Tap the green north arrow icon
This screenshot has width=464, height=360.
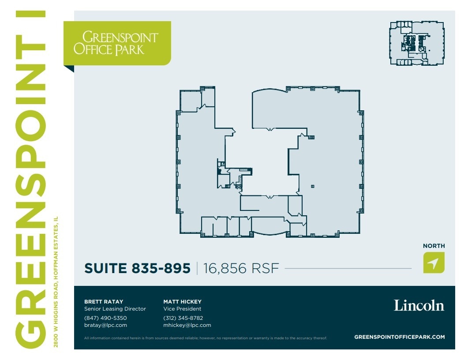coord(434,262)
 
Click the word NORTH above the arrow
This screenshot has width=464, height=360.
coord(434,246)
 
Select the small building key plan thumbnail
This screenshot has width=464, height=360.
coord(416,44)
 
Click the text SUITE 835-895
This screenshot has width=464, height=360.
coord(137,268)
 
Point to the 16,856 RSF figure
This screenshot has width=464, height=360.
coord(241,268)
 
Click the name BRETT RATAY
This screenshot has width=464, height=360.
coord(104,302)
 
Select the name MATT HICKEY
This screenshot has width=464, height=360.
coord(182,302)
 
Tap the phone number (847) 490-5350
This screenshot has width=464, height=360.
coord(105,318)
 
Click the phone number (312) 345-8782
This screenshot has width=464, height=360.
coord(183,318)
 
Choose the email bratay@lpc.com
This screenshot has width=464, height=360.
coord(105,325)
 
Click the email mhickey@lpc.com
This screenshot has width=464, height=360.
coord(187,325)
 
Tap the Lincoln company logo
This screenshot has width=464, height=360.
coord(419,305)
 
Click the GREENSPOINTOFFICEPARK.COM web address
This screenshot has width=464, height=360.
coord(399,337)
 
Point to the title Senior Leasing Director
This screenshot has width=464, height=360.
coord(115,309)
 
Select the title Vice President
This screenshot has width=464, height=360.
coord(182,309)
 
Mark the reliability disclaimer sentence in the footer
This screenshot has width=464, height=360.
coord(206,338)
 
